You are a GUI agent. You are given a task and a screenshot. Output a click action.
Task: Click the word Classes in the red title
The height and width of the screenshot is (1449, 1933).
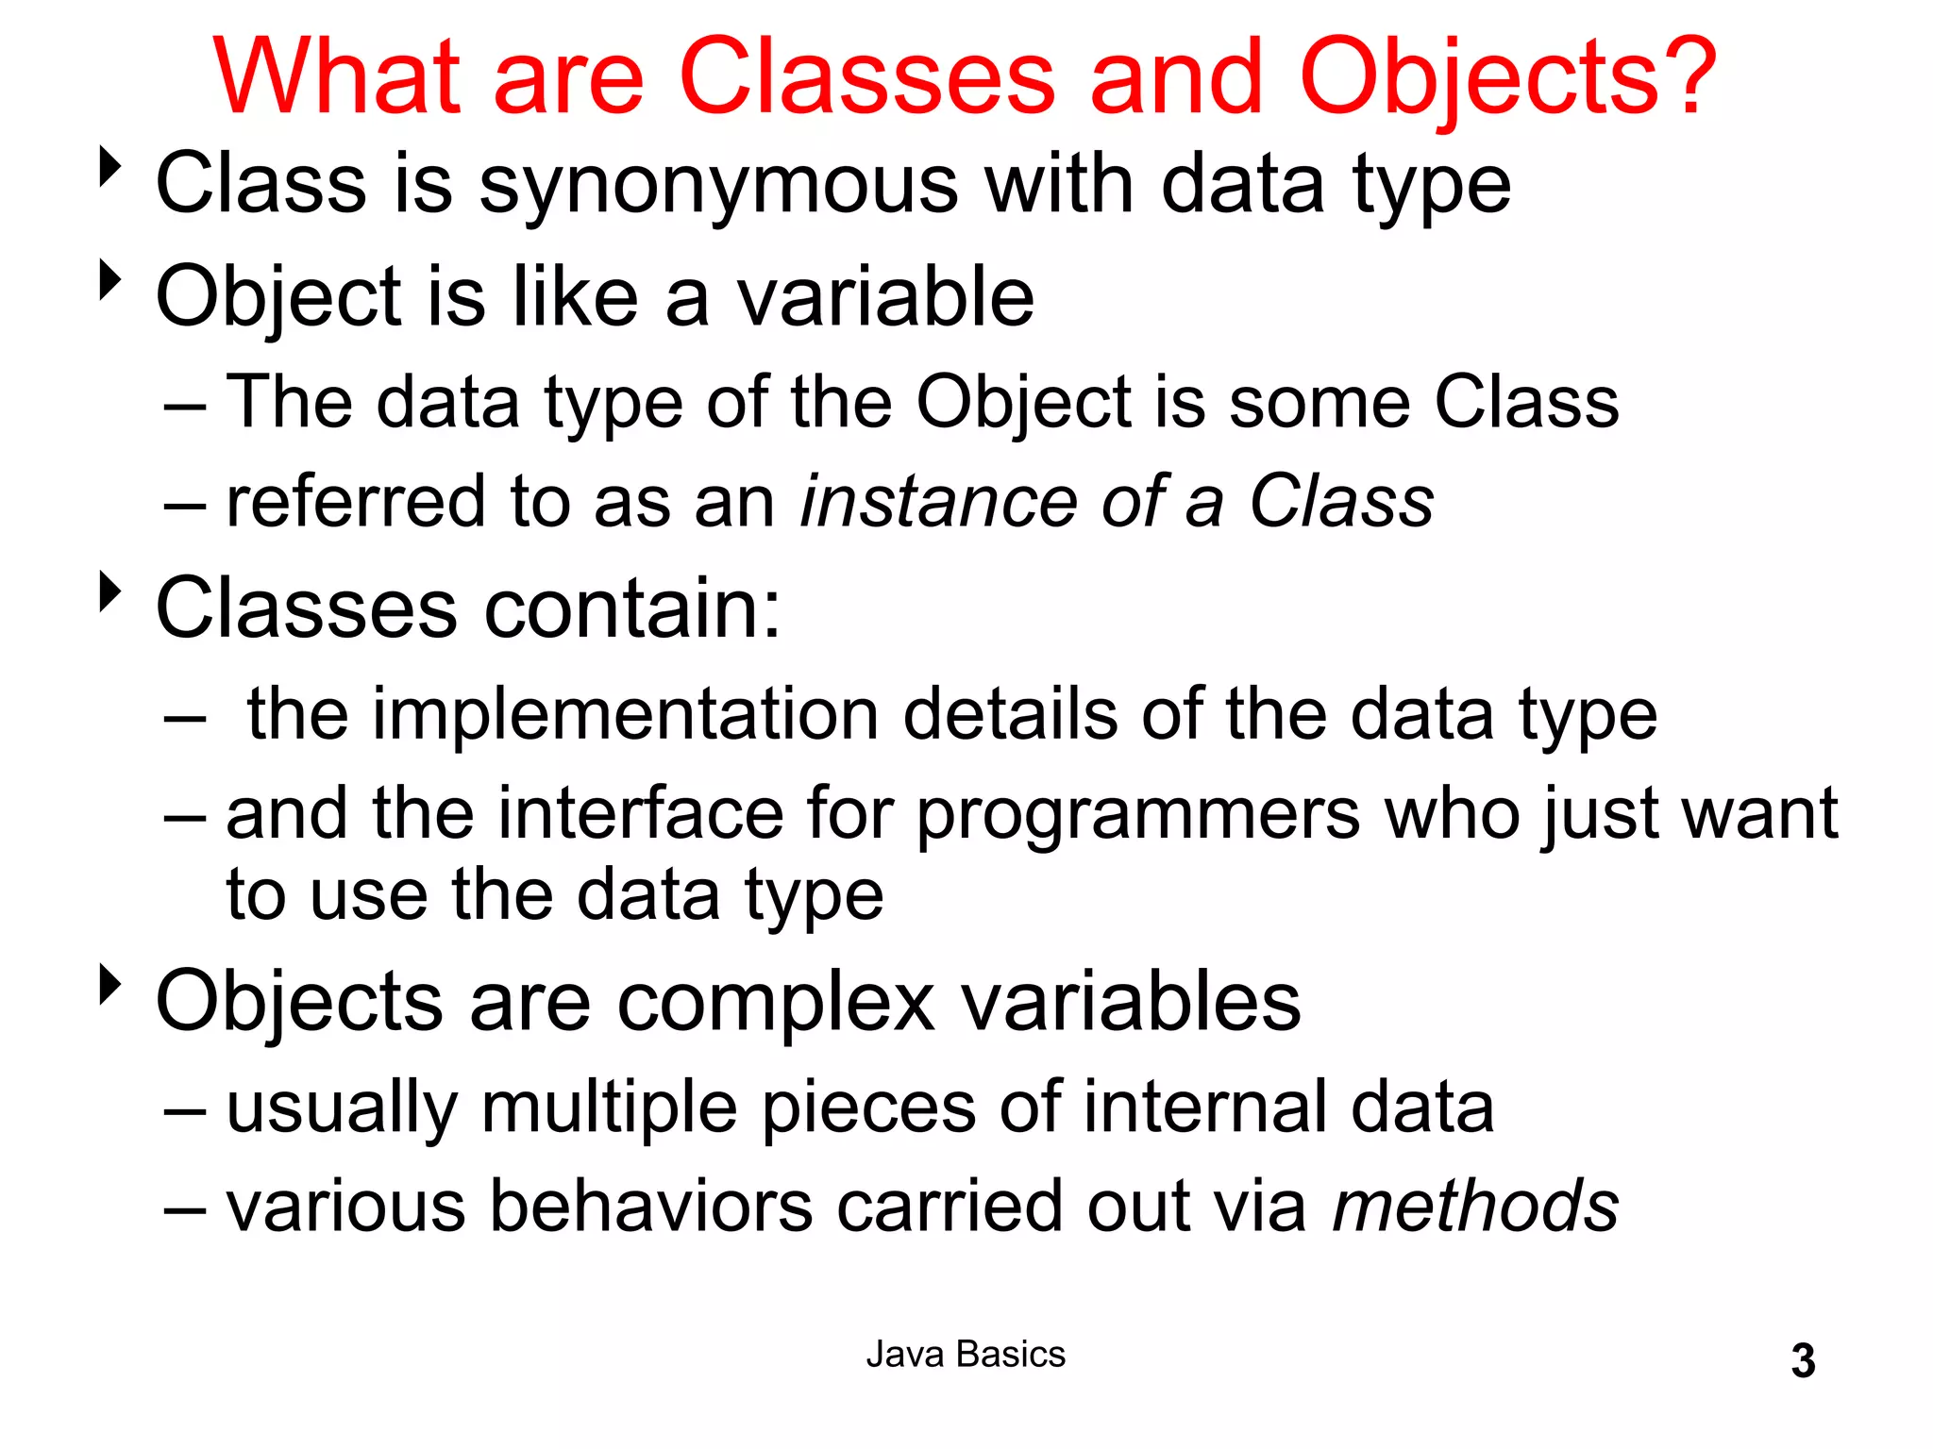click(x=866, y=77)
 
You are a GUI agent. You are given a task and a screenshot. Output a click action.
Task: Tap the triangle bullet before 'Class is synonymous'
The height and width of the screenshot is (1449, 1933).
click(x=111, y=167)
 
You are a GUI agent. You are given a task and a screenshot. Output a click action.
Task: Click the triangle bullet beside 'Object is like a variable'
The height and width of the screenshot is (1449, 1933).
click(x=111, y=280)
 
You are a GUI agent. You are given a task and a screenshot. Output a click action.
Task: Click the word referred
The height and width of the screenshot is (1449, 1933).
click(x=357, y=502)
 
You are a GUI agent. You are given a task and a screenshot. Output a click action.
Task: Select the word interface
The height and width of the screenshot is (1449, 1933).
click(x=640, y=813)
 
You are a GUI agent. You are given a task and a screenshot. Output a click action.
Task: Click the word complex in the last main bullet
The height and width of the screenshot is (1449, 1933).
click(x=776, y=1002)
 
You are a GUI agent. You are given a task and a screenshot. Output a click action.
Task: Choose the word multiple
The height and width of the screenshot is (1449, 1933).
click(x=609, y=1109)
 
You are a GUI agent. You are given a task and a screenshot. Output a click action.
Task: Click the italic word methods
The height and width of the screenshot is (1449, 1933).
click(x=1475, y=1207)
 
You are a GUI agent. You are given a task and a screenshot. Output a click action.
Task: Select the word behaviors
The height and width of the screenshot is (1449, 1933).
click(x=651, y=1207)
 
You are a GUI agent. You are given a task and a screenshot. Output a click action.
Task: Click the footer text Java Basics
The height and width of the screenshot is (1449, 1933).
click(x=966, y=1355)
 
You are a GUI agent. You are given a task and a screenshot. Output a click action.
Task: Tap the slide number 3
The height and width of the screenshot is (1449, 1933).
click(x=1803, y=1361)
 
